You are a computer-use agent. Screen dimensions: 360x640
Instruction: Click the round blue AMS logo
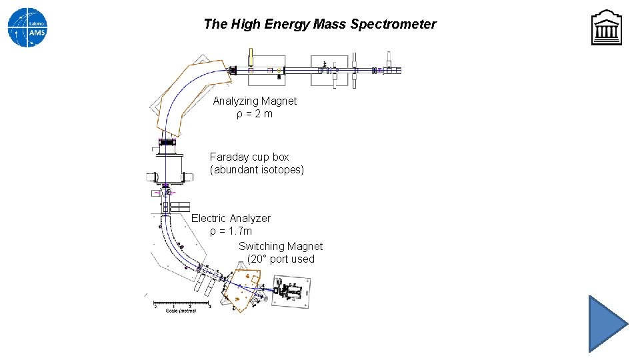(x=27, y=27)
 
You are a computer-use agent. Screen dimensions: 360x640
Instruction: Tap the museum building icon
(x=606, y=28)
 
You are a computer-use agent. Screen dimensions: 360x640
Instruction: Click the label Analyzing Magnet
(x=255, y=101)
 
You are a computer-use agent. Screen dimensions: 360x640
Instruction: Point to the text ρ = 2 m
(x=254, y=114)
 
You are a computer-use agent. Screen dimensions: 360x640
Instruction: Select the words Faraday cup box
(x=249, y=157)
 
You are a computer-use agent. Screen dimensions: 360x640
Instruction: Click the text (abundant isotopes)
(x=257, y=170)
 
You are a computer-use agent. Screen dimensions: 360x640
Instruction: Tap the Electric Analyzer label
(x=231, y=219)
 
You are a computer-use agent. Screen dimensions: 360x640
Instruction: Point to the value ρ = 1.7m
(x=231, y=231)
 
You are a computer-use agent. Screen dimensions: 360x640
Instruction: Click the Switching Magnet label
(x=281, y=247)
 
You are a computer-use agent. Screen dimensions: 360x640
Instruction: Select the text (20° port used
(x=281, y=259)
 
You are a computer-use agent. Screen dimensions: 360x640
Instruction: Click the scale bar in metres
(x=181, y=305)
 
